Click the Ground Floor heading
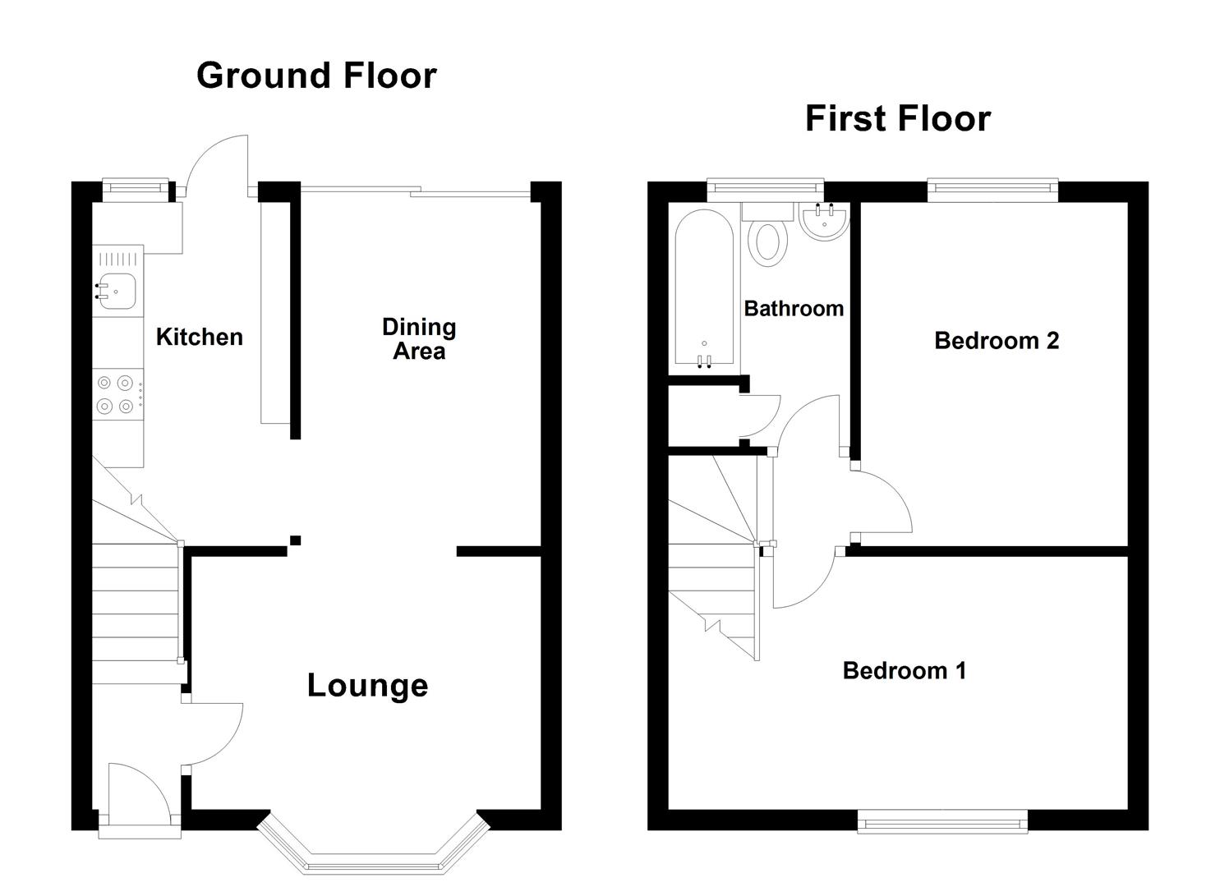point(316,75)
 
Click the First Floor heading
point(898,119)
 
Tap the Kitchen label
point(200,337)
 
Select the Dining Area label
point(419,338)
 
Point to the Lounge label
point(367,685)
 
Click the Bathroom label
point(794,309)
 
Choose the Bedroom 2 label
point(997,341)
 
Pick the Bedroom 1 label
point(905,671)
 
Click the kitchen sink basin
point(117,292)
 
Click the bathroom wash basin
point(825,221)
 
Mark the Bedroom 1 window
point(943,821)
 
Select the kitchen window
point(136,187)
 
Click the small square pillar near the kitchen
point(295,540)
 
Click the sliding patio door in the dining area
point(416,191)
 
